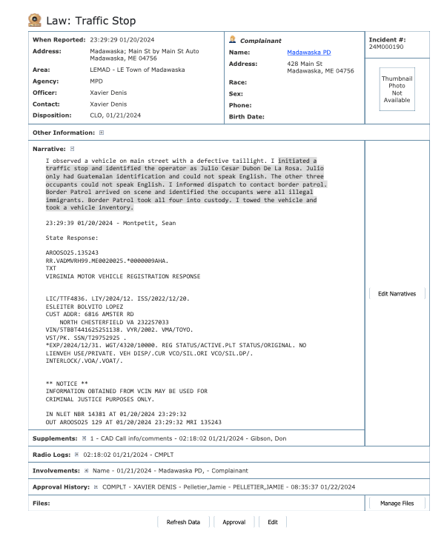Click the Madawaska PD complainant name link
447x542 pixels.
(x=306, y=53)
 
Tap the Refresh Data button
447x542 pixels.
(x=183, y=522)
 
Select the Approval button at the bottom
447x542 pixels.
(x=234, y=522)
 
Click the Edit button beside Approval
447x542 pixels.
(x=273, y=522)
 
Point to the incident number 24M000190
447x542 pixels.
(x=385, y=47)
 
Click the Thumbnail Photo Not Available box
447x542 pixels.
(x=397, y=89)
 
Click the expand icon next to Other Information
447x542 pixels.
(x=102, y=133)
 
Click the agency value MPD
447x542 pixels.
(x=97, y=81)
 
